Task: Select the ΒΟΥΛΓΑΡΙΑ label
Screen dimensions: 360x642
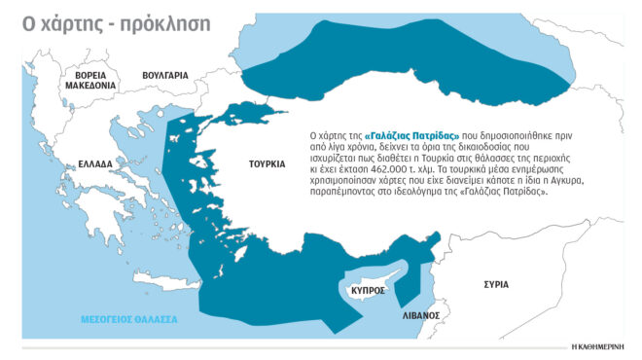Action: (x=164, y=74)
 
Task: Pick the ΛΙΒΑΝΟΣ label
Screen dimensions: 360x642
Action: (x=421, y=316)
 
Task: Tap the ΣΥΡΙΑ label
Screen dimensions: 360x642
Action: (x=496, y=285)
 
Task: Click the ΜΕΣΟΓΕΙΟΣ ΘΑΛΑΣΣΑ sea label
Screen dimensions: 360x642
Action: (x=128, y=319)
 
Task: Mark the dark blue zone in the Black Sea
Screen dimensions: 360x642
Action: (x=409, y=58)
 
